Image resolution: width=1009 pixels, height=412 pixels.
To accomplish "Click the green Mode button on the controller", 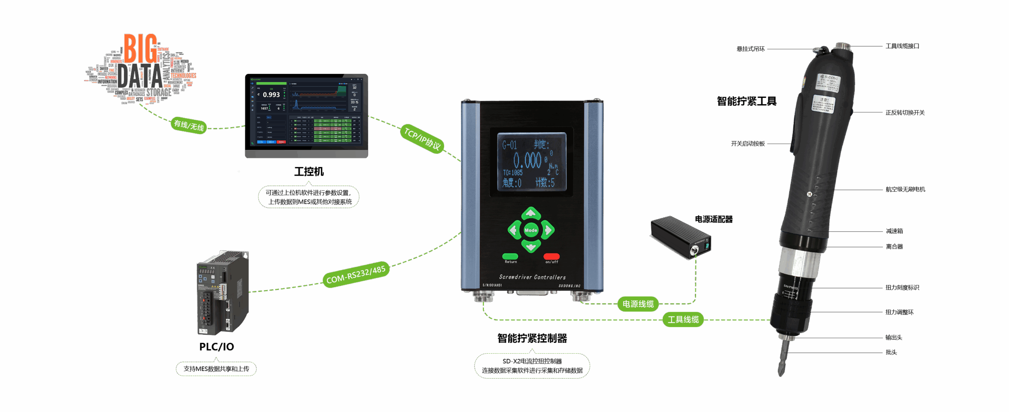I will (531, 230).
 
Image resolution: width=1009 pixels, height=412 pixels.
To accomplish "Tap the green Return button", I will (510, 257).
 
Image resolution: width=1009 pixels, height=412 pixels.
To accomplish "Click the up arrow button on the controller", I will (531, 214).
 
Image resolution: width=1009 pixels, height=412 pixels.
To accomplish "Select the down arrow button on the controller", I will (531, 246).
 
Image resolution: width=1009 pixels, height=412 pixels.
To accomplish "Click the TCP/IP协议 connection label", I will (422, 139).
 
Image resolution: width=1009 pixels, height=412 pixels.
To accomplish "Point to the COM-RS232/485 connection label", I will (356, 274).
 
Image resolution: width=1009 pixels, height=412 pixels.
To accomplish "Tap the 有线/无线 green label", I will (189, 125).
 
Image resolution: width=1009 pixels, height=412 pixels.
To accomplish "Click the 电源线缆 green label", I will (638, 304).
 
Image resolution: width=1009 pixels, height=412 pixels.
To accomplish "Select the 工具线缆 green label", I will (683, 319).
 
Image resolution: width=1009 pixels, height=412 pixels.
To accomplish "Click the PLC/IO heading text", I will (216, 346).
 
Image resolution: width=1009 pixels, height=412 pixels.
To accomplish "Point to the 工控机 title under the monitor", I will (309, 172).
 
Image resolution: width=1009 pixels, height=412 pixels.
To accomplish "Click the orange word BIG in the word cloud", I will (140, 49).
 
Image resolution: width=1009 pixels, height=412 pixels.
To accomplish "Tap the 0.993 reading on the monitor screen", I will (271, 95).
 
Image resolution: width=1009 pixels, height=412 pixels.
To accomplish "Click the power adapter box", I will (680, 237).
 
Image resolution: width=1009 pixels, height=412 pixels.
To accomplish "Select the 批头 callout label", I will (891, 352).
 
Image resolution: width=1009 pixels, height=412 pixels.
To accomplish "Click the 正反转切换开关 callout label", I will (905, 112).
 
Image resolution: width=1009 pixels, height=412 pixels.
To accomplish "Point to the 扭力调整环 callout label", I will (899, 312).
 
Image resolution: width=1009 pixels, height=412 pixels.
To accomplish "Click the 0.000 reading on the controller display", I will (527, 161).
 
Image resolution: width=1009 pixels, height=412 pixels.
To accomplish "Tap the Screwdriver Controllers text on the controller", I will (532, 277).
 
